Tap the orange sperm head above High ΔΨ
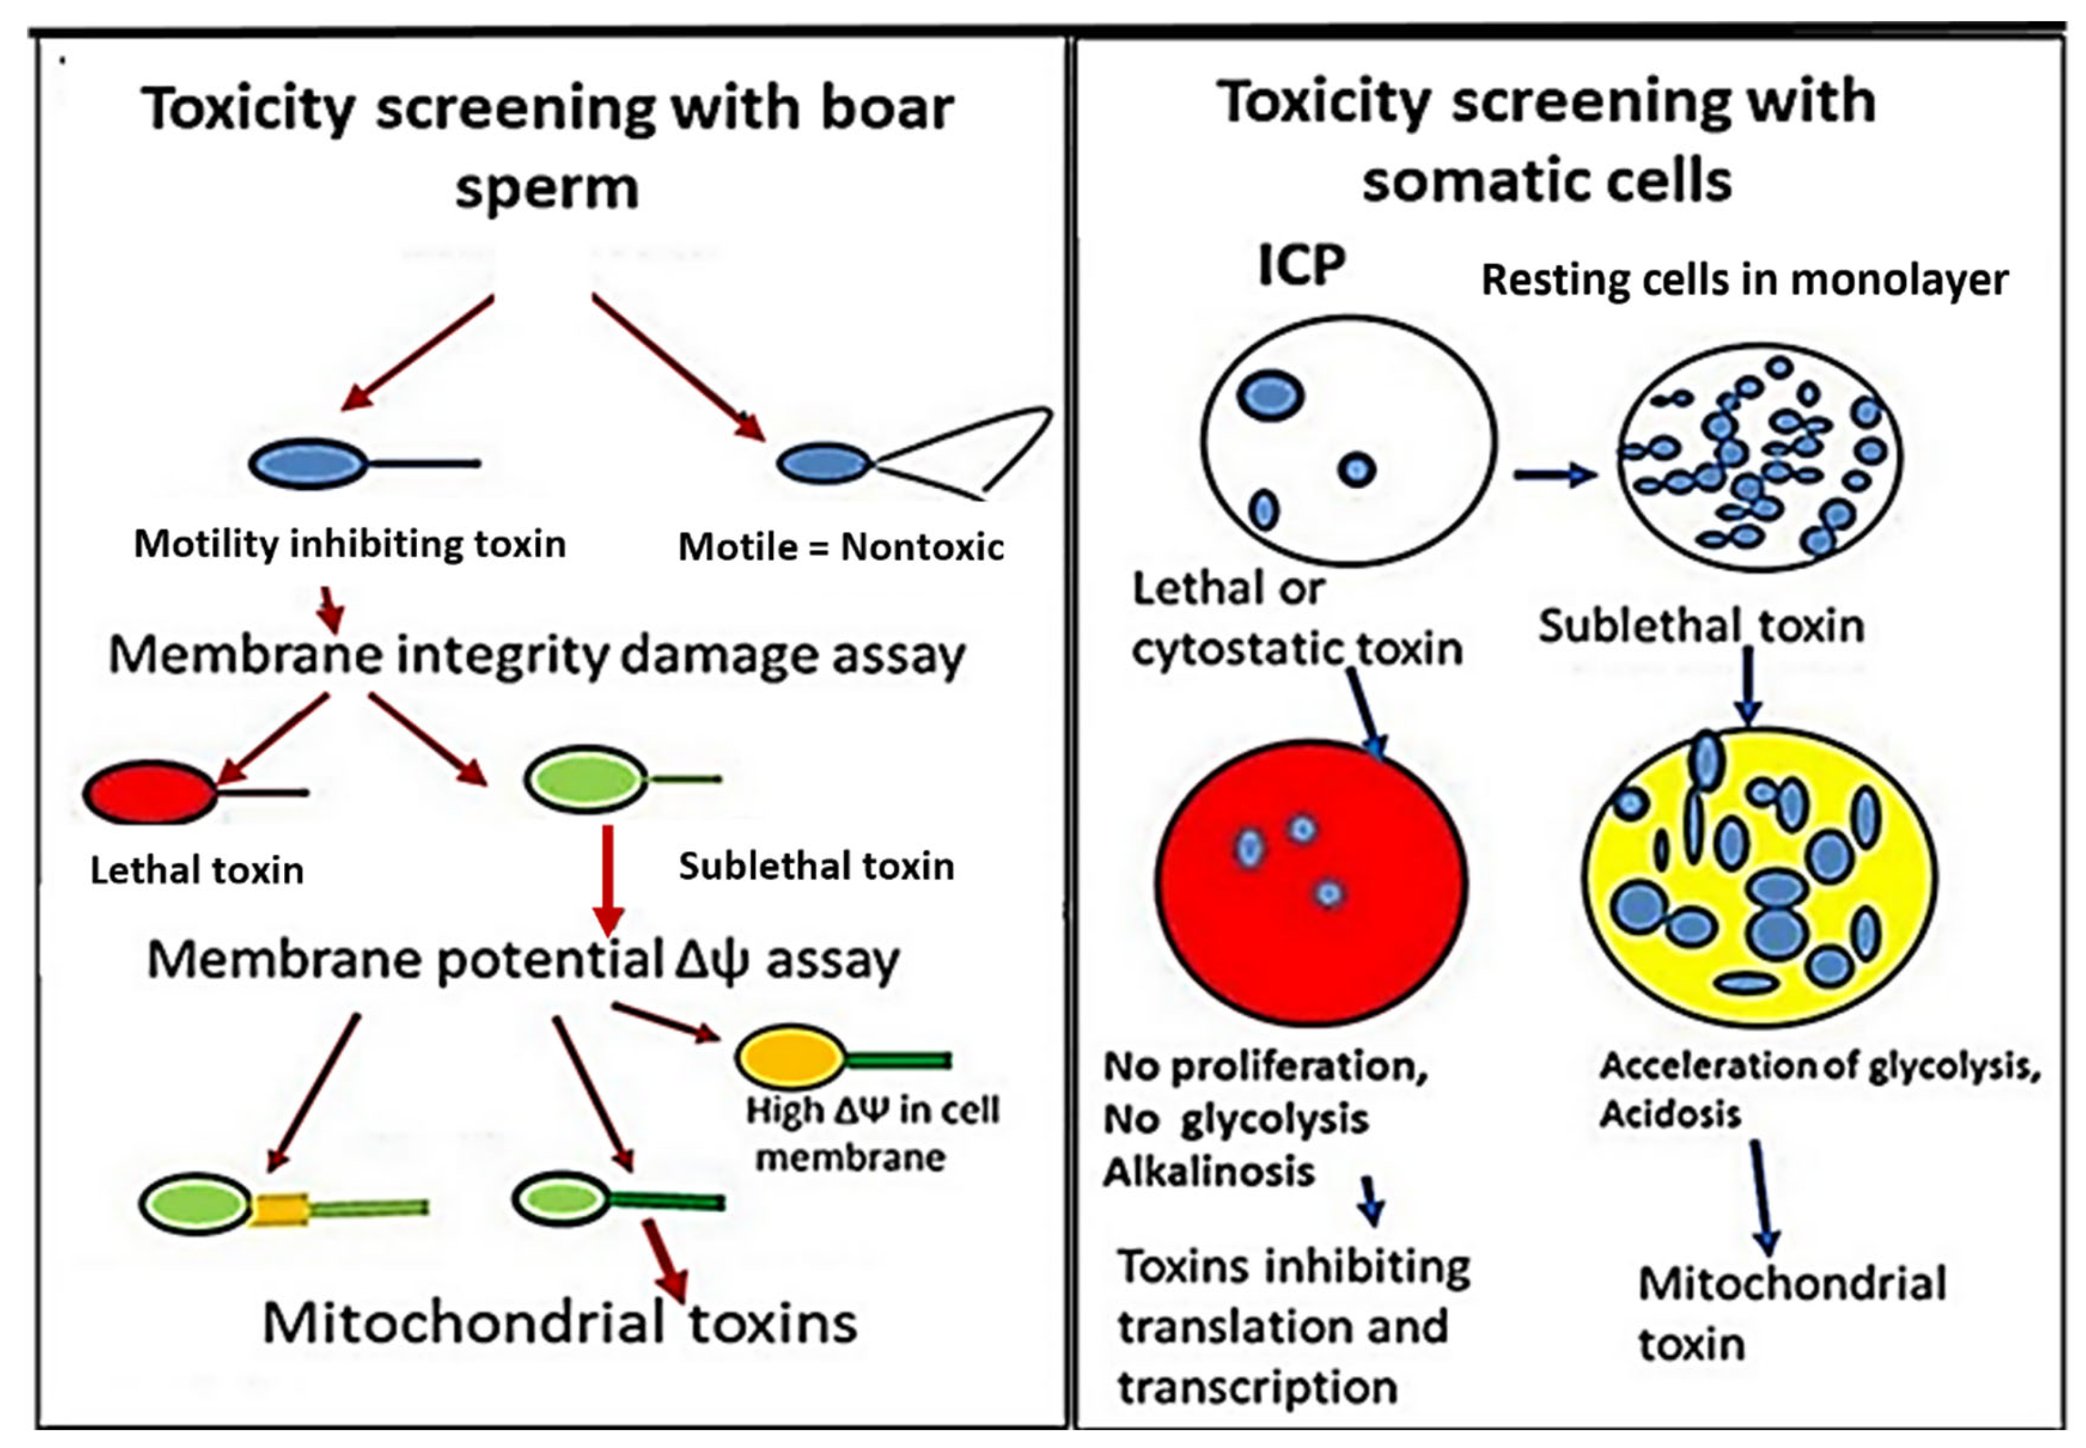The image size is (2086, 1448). (789, 1057)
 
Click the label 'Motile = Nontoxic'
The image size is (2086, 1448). (841, 547)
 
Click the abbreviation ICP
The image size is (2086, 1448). (1300, 266)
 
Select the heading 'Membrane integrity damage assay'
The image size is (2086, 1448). (537, 655)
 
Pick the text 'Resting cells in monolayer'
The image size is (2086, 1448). (1743, 280)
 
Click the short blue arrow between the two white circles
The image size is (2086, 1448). (1553, 474)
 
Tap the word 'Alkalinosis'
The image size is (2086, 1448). (1208, 1172)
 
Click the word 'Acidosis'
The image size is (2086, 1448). (1669, 1113)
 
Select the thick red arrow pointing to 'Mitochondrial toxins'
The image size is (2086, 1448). (665, 1259)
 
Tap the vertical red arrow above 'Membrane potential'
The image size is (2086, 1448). (607, 878)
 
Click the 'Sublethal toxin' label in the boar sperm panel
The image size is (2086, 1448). (815, 866)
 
